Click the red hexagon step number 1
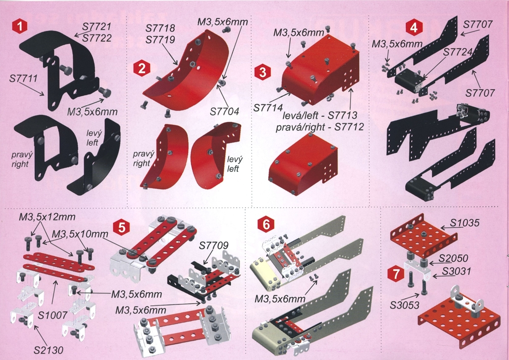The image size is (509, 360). click(20, 26)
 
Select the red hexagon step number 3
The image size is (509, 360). click(263, 72)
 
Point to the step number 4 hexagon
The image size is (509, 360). click(414, 27)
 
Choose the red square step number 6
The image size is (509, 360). click(266, 224)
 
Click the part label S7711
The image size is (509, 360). click(24, 78)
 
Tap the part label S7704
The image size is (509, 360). click(224, 112)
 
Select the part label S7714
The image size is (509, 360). click(268, 107)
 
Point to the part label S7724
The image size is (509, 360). click(458, 51)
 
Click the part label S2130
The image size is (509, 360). click(49, 350)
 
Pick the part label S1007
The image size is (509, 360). click(52, 315)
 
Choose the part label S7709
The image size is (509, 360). click(214, 245)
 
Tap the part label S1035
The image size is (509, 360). click(465, 223)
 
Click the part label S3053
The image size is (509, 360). click(405, 305)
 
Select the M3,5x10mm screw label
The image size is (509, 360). click(80, 234)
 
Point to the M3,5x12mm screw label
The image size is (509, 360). click(47, 217)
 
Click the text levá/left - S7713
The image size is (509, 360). click(320, 115)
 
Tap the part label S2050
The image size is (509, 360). click(454, 258)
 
